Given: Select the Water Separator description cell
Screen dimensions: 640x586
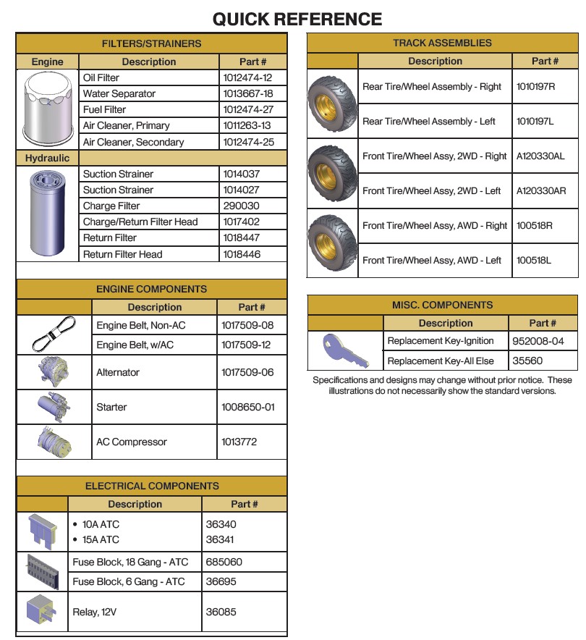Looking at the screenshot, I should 119,93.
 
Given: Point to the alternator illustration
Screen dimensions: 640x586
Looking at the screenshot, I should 54,371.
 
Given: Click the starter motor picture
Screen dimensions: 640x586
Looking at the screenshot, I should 54,407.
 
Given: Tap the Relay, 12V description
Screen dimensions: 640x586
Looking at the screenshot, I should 94,612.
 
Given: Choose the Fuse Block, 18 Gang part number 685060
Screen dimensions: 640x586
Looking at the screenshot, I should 224,562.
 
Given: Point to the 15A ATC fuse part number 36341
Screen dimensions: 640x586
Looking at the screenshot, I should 221,539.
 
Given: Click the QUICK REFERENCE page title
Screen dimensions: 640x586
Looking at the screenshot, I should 297,19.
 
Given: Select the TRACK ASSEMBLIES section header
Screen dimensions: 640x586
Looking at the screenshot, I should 442,43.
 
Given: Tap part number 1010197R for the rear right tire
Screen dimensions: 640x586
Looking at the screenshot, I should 535,87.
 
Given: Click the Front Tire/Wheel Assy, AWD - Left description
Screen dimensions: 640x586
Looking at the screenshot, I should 431,261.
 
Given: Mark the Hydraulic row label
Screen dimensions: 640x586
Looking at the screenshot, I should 48,158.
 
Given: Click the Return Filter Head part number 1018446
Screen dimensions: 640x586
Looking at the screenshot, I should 242,254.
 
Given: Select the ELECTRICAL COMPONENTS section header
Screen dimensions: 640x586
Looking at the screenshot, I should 152,486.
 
